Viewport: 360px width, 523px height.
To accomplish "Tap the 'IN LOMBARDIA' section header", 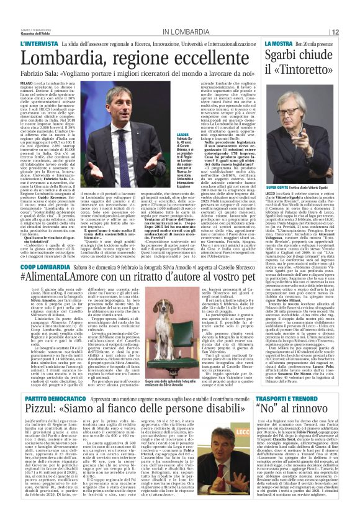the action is pos(184,32).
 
